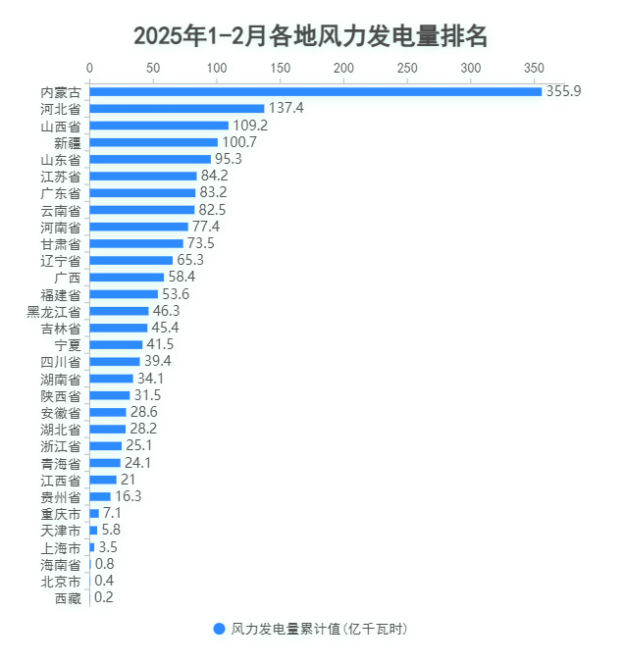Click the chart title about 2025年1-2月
[311, 36]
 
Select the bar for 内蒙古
[315, 91]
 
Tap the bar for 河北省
[177, 108]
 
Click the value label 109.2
[250, 126]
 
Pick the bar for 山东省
[150, 159]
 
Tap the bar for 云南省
[142, 210]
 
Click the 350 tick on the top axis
[534, 68]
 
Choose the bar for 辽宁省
[131, 260]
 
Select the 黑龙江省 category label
[54, 311]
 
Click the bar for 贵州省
[100, 496]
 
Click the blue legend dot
[219, 629]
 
